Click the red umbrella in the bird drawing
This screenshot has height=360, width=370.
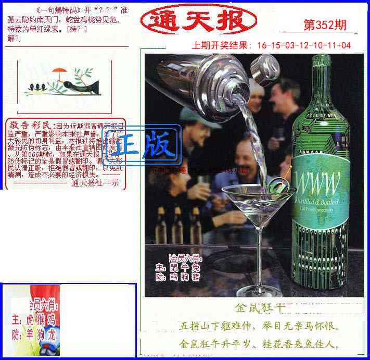click(61, 70)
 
